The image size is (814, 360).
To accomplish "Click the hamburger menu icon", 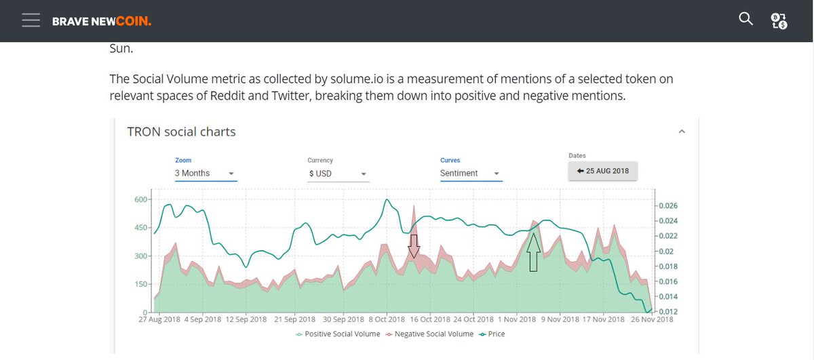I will click(x=31, y=20).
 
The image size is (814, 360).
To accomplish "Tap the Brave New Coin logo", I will click(x=102, y=22).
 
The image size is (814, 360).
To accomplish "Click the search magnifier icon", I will click(x=745, y=19).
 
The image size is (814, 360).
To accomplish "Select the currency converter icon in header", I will click(x=779, y=20).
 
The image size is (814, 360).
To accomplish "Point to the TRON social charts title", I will click(x=181, y=132).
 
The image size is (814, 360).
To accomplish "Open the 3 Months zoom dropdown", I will click(x=205, y=174).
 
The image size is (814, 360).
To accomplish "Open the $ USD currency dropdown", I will click(x=338, y=174).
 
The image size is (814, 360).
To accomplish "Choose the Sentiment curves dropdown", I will click(x=471, y=174).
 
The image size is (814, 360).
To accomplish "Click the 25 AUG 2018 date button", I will click(x=602, y=171).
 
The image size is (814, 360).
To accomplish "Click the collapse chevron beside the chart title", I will click(x=682, y=132).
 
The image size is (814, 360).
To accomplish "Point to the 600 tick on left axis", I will click(x=140, y=199).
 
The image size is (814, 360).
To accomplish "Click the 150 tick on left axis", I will click(x=140, y=284).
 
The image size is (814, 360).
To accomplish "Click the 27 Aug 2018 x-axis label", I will click(x=159, y=319).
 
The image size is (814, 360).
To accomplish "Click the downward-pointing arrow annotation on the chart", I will click(x=414, y=247).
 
